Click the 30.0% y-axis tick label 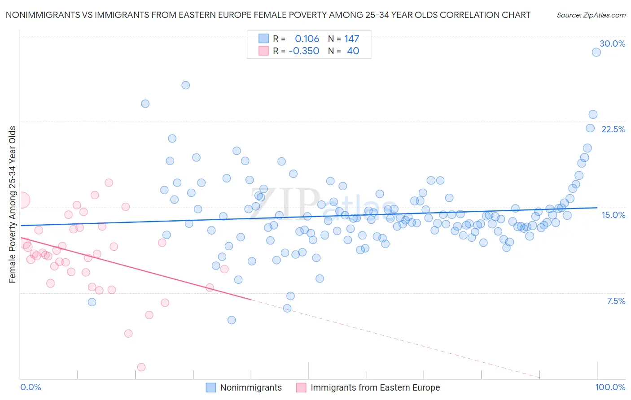pos(612,43)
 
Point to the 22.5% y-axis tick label pos(613,129)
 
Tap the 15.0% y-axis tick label pos(613,215)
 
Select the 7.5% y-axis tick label pos(616,301)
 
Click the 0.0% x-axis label pos(31,387)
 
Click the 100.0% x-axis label pos(610,387)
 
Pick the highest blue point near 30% pos(596,52)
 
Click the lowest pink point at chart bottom pos(141,367)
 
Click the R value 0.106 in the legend pos(307,39)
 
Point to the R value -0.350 pos(304,51)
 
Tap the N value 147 pos(351,39)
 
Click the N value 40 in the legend pos(353,51)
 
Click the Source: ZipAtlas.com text pos(591,15)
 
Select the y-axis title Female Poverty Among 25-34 pos(12,204)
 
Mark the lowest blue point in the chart pos(232,320)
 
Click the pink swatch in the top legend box pos(263,51)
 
